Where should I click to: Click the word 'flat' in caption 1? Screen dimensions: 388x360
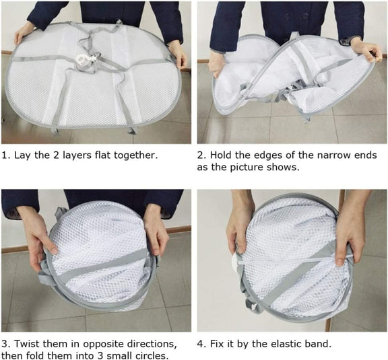pos(103,155)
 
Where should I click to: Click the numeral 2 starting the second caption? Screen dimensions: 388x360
pos(200,155)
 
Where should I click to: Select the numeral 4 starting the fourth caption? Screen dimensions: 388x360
pos(200,344)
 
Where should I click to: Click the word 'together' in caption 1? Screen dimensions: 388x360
pos(134,155)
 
